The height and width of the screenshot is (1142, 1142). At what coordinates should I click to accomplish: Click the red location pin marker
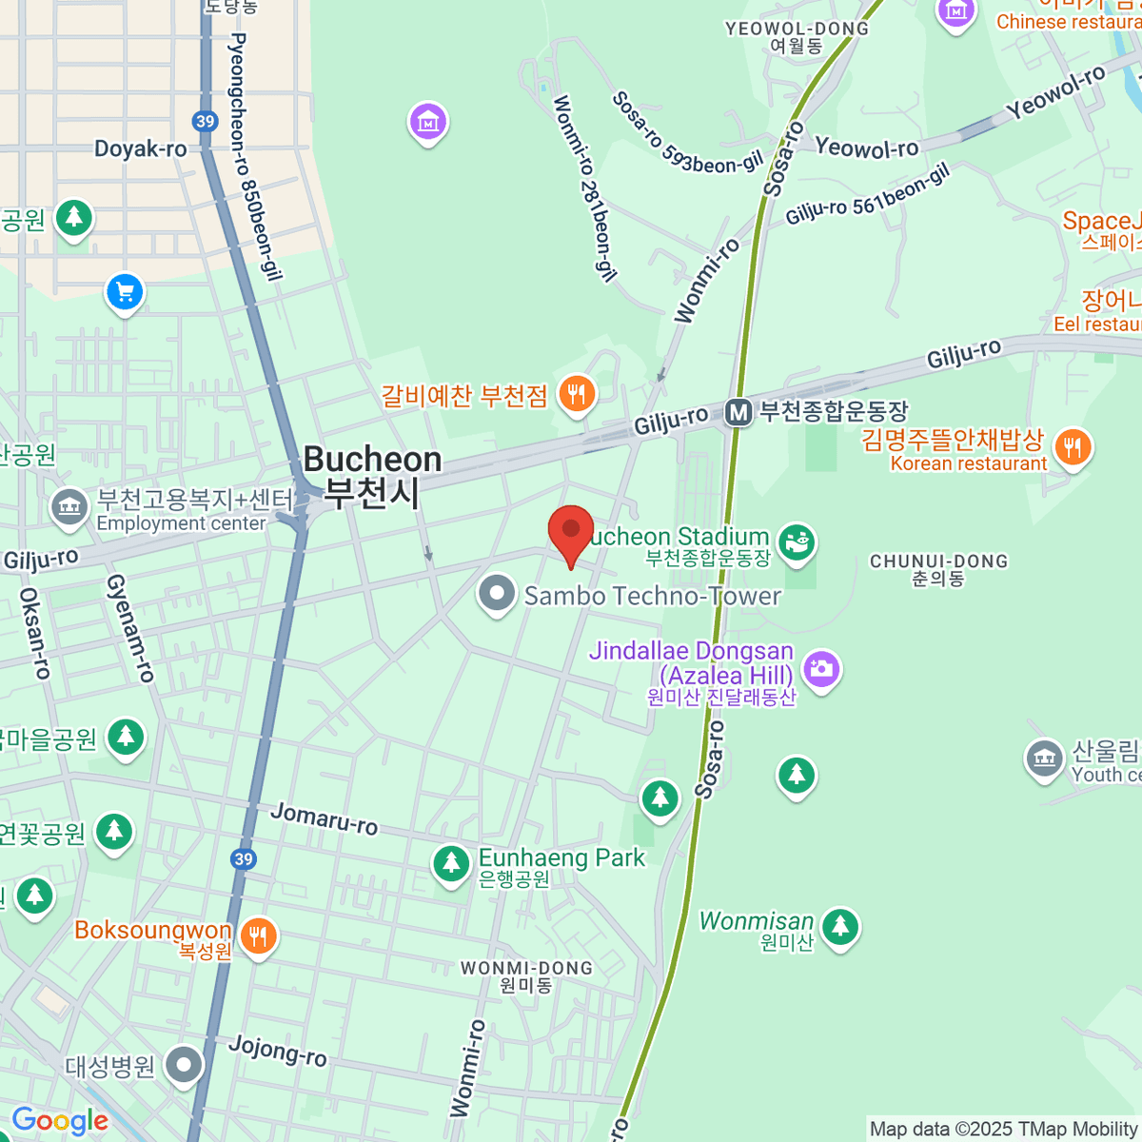point(571,531)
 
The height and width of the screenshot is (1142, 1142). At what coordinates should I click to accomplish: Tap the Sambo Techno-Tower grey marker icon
point(496,594)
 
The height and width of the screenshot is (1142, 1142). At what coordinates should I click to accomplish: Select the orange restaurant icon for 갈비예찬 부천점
point(576,393)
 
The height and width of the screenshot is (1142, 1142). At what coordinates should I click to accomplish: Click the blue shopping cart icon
point(125,292)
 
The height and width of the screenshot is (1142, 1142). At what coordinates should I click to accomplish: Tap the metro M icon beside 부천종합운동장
point(738,412)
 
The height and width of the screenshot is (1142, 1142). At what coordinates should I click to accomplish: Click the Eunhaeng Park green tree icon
point(451,864)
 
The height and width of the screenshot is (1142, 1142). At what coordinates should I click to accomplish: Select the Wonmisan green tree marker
point(839,925)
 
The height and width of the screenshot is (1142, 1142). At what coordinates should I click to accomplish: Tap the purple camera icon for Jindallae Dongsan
point(820,669)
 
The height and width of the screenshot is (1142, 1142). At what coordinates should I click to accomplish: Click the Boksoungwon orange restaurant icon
point(258,936)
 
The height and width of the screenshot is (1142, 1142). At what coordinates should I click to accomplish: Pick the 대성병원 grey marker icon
point(184,1065)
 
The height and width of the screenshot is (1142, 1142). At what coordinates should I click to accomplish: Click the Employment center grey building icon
point(69,508)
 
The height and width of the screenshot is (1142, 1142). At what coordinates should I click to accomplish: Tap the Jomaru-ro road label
point(324,817)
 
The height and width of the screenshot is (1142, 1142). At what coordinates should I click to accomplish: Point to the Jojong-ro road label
point(278,1051)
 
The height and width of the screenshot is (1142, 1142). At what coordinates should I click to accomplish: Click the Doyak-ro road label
point(141,148)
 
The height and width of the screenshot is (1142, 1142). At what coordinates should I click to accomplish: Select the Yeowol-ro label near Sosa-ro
point(867,148)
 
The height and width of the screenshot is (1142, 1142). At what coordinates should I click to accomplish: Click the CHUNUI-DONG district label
point(938,561)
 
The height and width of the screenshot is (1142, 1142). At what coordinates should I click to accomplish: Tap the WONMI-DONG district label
point(526,968)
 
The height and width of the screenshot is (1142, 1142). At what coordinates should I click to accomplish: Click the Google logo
point(60,1121)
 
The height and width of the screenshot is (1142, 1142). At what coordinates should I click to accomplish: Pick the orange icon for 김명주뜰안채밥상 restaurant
point(1073,447)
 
